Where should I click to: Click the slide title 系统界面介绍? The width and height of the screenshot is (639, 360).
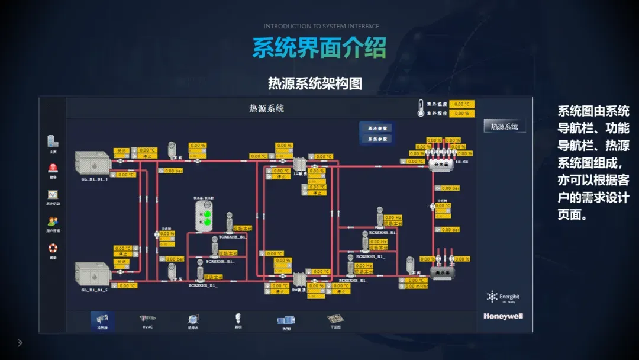click(319, 48)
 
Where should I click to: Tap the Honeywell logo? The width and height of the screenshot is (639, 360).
click(503, 316)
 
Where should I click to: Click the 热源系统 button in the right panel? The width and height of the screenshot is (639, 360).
click(504, 126)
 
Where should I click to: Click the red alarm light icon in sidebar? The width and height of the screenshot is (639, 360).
click(53, 168)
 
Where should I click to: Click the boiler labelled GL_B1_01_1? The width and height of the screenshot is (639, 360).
click(93, 163)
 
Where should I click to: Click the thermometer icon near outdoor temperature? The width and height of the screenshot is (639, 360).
click(422, 108)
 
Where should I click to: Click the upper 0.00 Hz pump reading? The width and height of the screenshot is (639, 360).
click(393, 218)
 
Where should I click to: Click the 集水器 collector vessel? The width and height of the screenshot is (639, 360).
click(439, 273)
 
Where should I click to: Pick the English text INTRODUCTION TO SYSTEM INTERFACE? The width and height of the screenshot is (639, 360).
click(321, 27)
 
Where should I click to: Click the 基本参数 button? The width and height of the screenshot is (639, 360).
click(376, 128)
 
